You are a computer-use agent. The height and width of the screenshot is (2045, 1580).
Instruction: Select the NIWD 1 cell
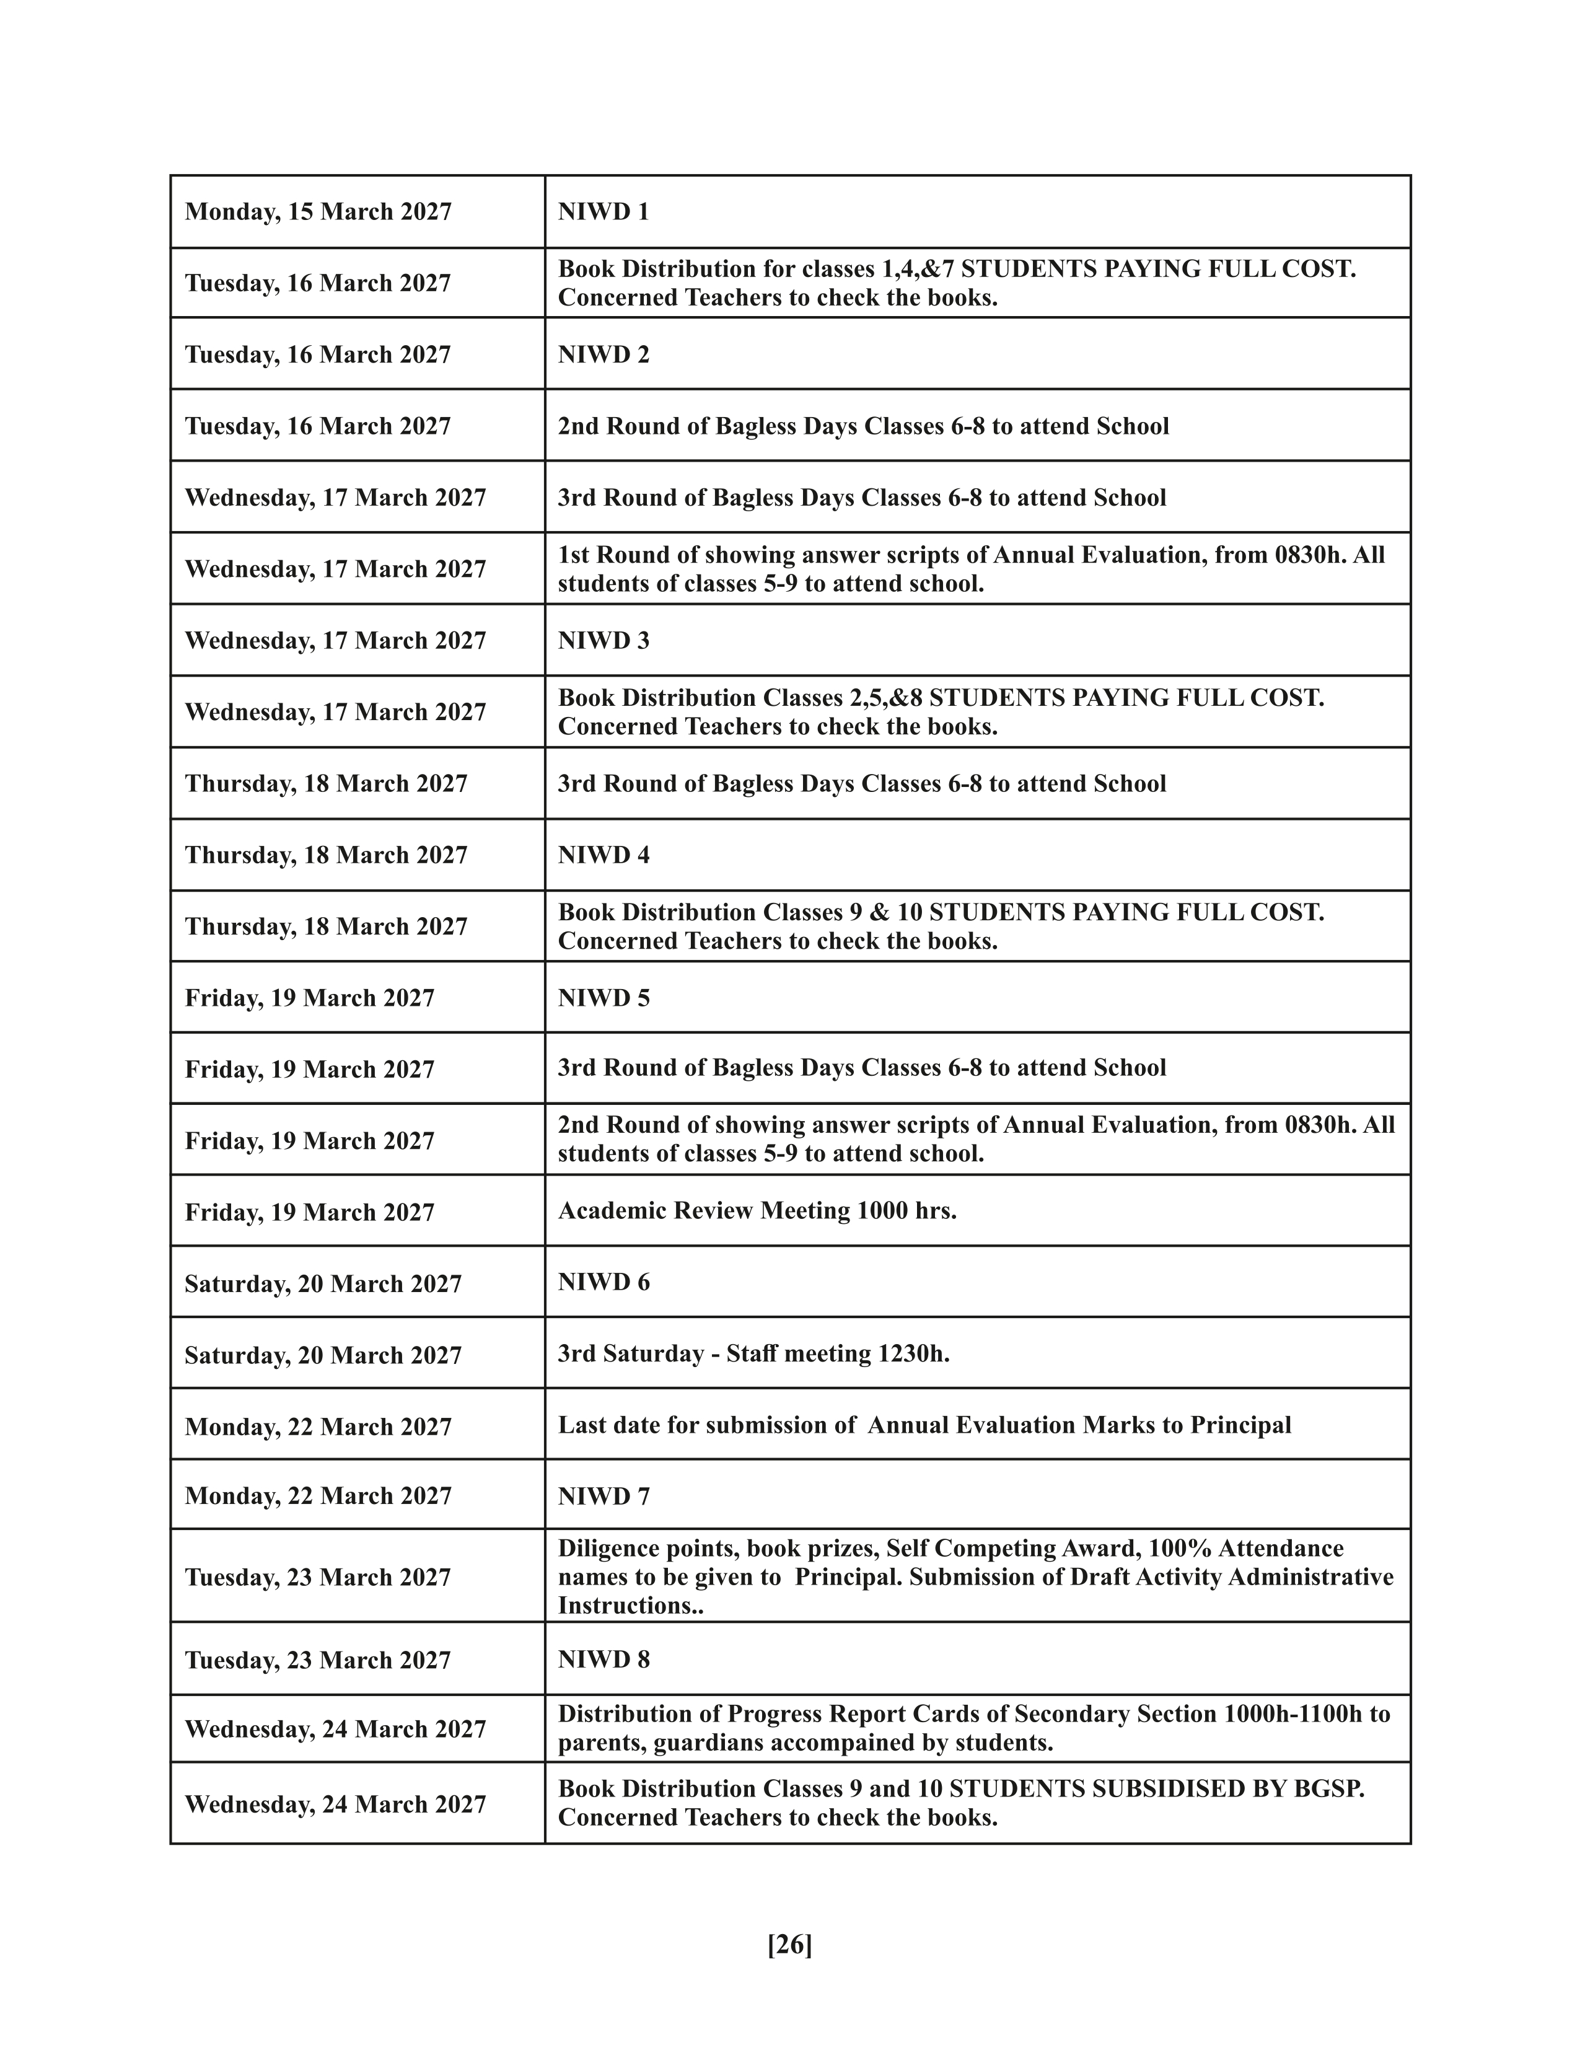[603, 211]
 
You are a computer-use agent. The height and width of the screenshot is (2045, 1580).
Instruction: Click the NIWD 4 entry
[603, 855]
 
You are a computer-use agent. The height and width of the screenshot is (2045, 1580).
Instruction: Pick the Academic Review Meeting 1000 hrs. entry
[757, 1211]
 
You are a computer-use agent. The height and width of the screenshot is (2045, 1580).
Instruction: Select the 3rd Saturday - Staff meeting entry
[753, 1354]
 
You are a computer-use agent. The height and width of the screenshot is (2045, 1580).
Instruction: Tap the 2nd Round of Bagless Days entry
[863, 426]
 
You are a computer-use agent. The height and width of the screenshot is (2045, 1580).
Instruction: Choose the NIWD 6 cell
[603, 1282]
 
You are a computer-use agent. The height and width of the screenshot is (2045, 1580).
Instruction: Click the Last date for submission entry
[924, 1425]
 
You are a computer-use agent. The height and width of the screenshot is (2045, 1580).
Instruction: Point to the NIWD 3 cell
[603, 641]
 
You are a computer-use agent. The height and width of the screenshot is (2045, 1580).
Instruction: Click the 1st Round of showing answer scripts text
[772, 555]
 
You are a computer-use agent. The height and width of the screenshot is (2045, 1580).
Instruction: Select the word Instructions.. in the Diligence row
[630, 1605]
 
